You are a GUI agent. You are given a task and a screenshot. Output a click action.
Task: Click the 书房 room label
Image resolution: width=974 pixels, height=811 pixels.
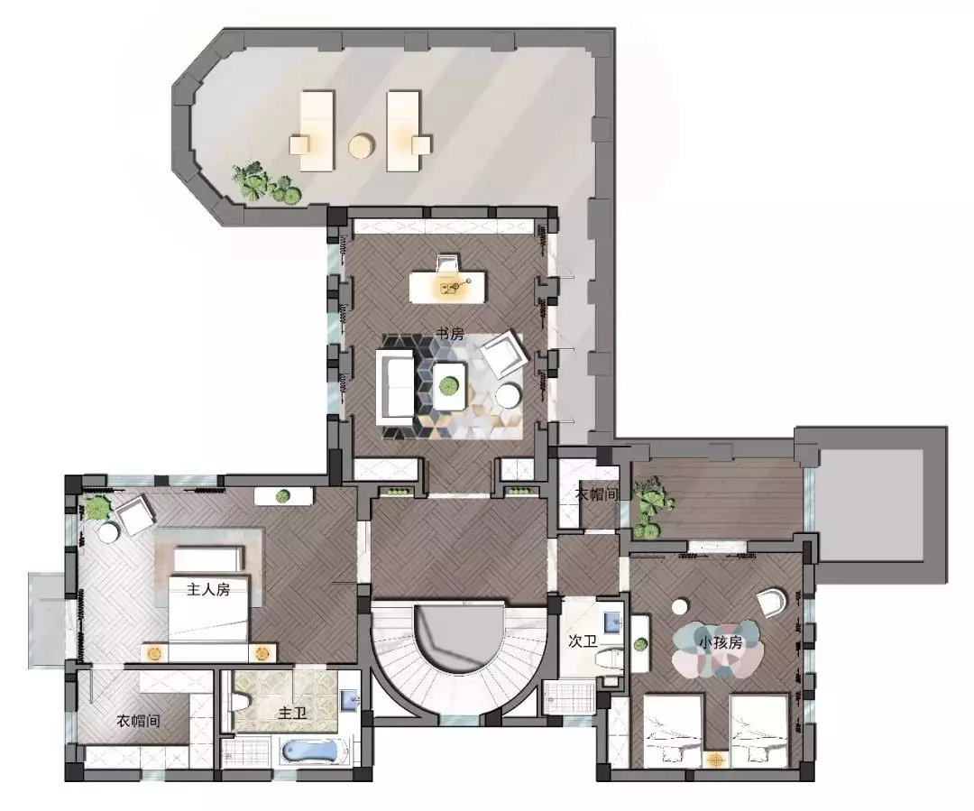point(450,334)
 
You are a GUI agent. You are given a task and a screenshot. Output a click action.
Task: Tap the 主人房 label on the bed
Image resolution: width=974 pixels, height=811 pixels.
point(208,589)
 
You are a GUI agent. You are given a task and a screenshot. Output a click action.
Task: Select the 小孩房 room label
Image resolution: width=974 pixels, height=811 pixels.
point(721,642)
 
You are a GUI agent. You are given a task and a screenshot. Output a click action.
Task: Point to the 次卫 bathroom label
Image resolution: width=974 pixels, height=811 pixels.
point(583,641)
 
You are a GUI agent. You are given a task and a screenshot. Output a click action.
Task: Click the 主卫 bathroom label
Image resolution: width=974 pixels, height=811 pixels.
point(292,713)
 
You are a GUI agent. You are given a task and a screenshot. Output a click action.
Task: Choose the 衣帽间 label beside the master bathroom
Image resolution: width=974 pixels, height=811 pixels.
point(139,721)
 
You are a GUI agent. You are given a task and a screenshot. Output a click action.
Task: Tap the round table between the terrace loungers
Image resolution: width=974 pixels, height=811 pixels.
point(361,146)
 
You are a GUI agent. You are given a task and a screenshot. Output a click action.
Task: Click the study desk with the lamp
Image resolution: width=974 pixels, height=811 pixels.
point(447,287)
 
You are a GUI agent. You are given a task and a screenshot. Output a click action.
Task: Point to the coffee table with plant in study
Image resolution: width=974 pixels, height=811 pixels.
point(449,386)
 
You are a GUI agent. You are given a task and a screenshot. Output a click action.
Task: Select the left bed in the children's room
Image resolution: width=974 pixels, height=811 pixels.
point(674,730)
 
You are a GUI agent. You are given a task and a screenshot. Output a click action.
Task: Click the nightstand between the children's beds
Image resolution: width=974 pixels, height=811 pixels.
point(716,760)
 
